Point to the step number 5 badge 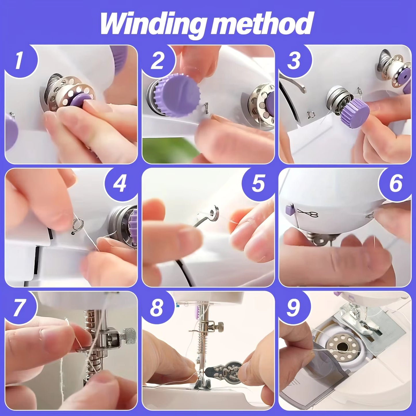point(257,183)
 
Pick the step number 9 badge point(293,307)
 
